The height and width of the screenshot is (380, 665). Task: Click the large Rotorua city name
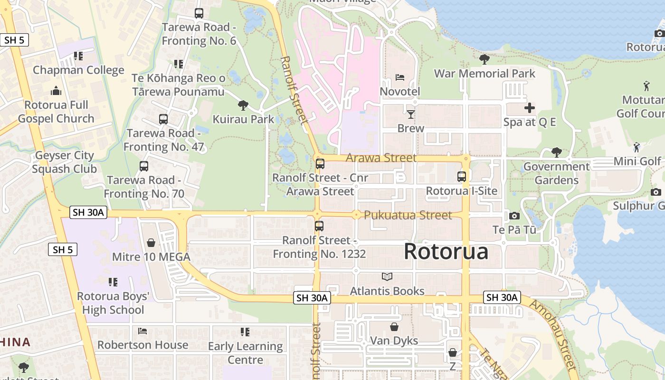(x=446, y=251)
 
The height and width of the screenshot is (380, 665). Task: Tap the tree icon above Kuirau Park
(x=243, y=105)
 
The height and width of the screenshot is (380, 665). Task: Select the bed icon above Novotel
(x=400, y=77)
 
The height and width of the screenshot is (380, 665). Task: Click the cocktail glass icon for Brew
(x=410, y=114)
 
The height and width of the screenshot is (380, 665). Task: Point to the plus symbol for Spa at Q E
(x=529, y=108)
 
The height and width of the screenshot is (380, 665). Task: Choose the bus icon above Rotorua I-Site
(x=461, y=177)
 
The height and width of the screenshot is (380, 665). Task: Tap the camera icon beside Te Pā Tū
(x=514, y=216)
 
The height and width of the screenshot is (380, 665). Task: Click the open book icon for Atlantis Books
(x=387, y=276)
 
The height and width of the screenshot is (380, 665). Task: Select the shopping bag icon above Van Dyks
(x=394, y=327)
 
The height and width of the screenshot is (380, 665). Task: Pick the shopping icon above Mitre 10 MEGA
(x=151, y=243)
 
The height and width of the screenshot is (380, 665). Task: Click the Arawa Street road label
(x=381, y=158)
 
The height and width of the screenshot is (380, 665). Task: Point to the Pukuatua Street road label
(x=408, y=215)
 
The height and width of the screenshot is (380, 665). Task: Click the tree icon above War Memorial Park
(x=484, y=59)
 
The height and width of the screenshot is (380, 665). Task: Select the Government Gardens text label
(x=556, y=173)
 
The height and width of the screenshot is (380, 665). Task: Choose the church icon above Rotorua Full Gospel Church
(x=56, y=91)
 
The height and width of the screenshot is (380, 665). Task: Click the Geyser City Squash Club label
(x=65, y=162)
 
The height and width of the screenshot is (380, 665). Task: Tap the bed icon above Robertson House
(x=142, y=331)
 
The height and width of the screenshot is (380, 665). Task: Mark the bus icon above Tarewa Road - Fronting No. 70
(x=144, y=166)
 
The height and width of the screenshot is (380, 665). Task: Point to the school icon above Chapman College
(x=78, y=57)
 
